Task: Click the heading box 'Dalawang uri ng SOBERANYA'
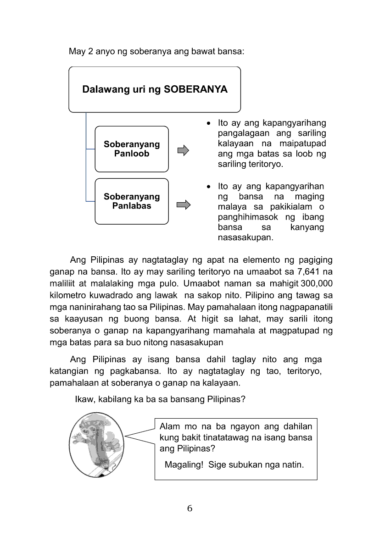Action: click(155, 89)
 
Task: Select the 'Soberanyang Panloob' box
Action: click(132, 149)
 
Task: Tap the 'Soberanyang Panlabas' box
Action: click(132, 201)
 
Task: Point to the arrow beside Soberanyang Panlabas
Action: click(183, 204)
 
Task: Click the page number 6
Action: click(189, 508)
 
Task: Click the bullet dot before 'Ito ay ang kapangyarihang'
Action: click(209, 123)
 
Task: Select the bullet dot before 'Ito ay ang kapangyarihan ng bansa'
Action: click(209, 187)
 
